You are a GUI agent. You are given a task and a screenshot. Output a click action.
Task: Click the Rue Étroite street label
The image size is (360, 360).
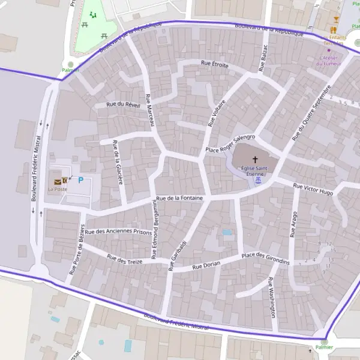click(x=215, y=64)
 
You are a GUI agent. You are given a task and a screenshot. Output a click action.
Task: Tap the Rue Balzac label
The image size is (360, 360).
click(x=262, y=58)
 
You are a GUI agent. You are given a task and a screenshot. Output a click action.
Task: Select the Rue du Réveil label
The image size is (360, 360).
click(x=123, y=104)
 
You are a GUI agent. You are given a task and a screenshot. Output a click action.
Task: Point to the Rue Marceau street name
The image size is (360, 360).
click(x=150, y=109)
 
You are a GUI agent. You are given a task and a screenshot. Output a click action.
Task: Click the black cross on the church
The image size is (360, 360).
click(x=255, y=160)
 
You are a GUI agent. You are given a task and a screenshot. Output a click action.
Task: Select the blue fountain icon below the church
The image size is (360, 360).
click(x=257, y=179)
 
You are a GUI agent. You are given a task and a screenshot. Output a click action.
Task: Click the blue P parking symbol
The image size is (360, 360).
click(x=81, y=180)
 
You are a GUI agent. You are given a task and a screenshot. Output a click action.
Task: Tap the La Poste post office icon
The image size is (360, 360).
click(x=58, y=181)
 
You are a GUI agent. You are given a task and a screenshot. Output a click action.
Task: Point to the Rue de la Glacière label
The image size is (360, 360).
click(x=118, y=162)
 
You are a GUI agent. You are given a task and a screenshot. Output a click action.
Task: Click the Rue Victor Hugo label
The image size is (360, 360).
click(x=313, y=189)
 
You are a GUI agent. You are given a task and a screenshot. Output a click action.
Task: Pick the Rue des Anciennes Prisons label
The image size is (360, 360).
click(x=118, y=232)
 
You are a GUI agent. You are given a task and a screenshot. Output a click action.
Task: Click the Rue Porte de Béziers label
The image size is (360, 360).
click(x=76, y=248)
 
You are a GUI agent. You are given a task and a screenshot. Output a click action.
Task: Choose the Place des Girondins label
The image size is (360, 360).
click(x=265, y=259)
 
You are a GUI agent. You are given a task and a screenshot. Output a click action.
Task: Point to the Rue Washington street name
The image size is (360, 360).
click(x=272, y=297)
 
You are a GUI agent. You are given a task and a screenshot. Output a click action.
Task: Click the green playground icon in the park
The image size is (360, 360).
click(x=92, y=14)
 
